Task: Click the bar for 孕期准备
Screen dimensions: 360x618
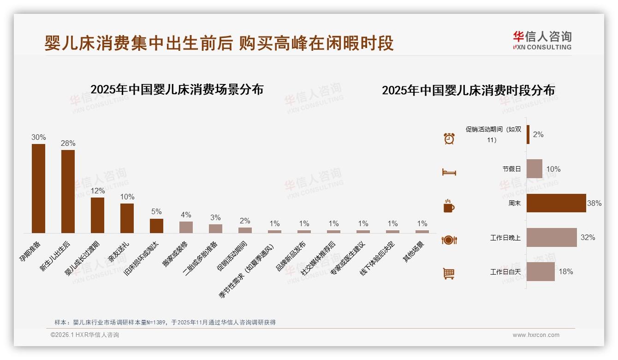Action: click(x=38, y=188)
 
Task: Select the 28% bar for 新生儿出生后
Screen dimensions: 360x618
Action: click(x=68, y=191)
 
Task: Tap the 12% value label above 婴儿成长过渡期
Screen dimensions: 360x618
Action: click(x=97, y=191)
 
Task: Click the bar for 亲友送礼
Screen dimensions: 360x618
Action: click(x=127, y=218)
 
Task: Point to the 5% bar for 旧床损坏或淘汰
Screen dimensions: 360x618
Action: click(x=156, y=226)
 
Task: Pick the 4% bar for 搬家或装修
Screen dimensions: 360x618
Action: click(x=186, y=227)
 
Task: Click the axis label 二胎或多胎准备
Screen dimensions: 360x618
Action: click(x=200, y=258)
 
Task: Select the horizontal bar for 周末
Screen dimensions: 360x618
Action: click(x=556, y=203)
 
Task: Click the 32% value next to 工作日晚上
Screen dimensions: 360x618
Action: click(x=588, y=237)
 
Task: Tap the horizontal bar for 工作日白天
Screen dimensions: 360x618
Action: click(x=541, y=271)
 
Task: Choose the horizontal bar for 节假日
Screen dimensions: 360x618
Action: click(x=535, y=169)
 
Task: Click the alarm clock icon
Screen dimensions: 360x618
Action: click(x=449, y=138)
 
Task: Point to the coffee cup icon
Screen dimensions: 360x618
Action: click(x=449, y=206)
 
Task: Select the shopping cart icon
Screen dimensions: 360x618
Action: click(x=449, y=274)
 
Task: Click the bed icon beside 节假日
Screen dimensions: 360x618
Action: click(x=449, y=172)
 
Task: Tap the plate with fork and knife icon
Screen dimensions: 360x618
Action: click(x=449, y=240)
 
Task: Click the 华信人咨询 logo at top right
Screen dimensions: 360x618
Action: click(x=542, y=40)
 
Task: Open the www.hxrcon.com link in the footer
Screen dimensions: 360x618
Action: click(x=536, y=335)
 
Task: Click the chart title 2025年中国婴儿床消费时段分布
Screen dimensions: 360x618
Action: click(x=468, y=90)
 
